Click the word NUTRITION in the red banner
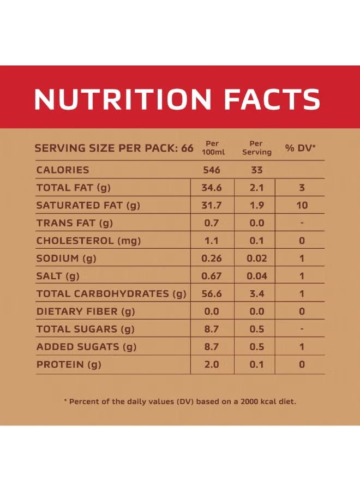123,99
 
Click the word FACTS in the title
272,99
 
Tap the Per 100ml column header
212,148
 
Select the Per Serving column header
257,148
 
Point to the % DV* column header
301,148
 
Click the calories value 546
212,170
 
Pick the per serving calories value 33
257,170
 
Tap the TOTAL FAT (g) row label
74,188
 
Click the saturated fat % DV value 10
302,206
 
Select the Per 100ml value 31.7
212,206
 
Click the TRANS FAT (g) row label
75,223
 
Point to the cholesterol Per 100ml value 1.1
212,241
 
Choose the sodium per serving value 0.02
257,259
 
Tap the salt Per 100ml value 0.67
212,276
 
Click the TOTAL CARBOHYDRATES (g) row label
111,294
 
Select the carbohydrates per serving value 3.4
257,294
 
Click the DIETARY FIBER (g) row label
86,312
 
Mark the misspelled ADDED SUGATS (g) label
86,347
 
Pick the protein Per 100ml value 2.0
212,364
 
